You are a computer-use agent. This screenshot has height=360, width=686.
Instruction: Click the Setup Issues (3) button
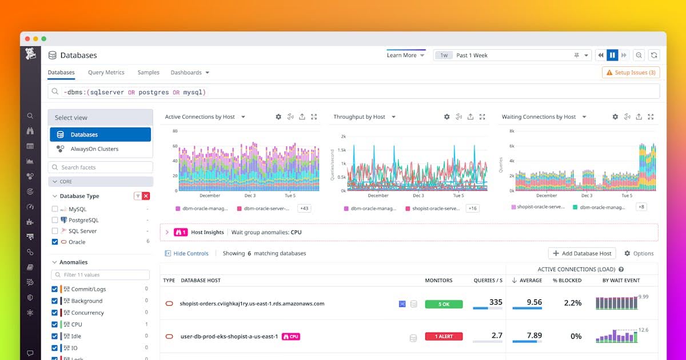631,73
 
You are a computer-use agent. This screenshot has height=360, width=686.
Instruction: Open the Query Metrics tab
106,73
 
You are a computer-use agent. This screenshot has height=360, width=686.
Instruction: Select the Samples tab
148,73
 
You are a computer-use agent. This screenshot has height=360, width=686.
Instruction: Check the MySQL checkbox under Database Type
55,209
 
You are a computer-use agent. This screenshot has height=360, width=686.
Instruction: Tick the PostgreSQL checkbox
55,220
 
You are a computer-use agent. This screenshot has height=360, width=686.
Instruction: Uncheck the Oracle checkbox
55,242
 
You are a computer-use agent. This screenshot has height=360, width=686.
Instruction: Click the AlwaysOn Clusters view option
94,149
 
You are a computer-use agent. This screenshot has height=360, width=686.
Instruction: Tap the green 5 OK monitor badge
444,304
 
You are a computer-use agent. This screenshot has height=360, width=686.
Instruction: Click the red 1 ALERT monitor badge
444,337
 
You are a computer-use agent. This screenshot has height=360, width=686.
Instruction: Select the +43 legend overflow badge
304,209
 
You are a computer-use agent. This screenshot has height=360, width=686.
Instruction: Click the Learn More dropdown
405,55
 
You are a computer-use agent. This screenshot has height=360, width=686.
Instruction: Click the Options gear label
639,253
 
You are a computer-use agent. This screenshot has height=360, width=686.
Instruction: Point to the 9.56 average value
533,302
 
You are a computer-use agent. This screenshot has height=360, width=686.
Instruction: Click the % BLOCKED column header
567,280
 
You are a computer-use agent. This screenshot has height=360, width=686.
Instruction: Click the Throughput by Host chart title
360,117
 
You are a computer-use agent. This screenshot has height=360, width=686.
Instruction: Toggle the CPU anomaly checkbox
55,325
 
